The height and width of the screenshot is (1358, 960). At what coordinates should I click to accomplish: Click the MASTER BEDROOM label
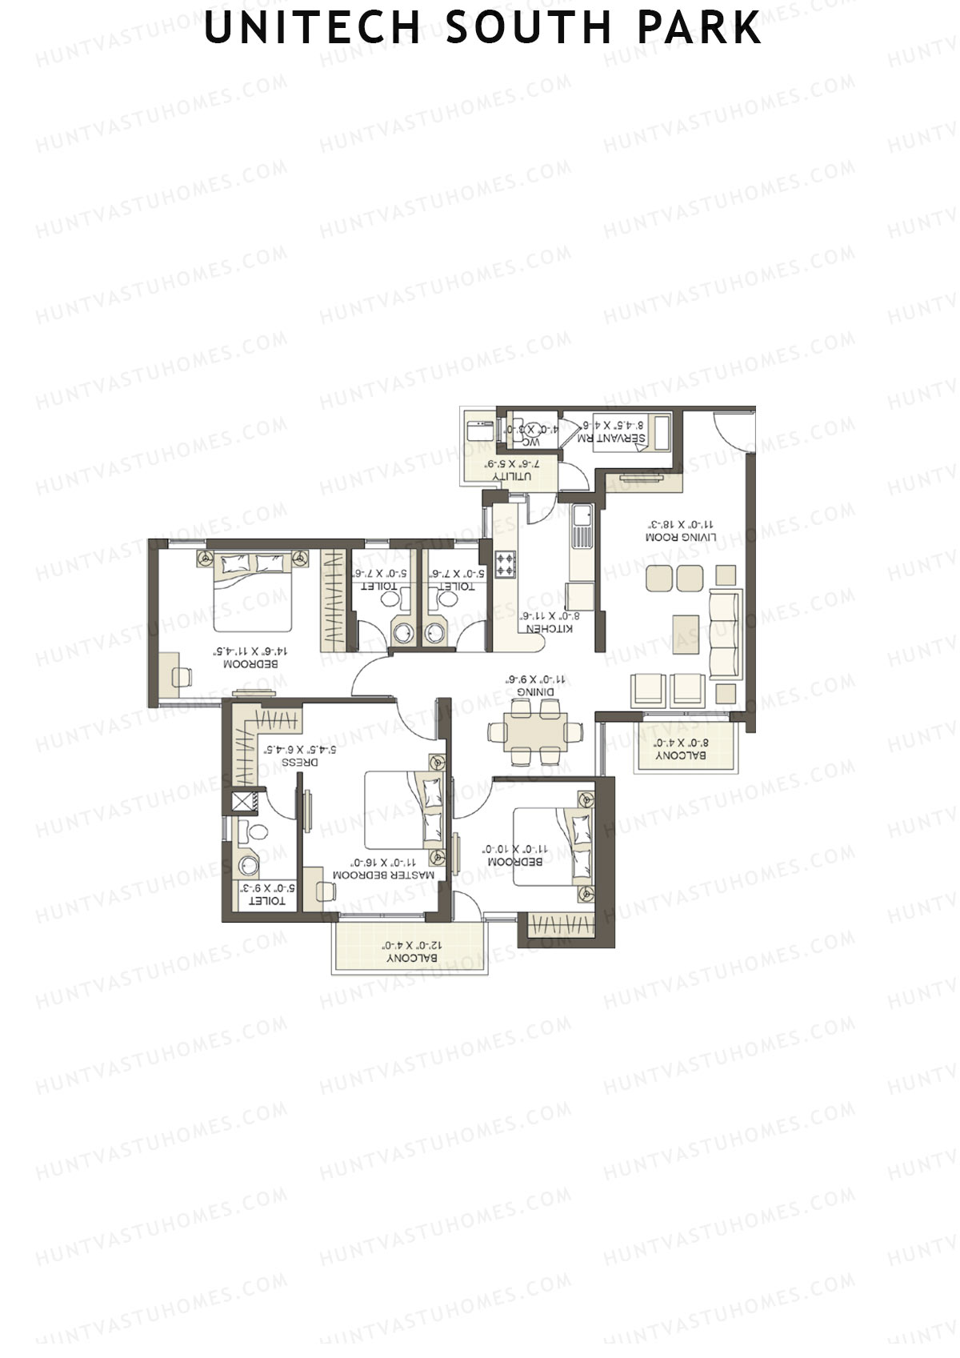[x=395, y=875]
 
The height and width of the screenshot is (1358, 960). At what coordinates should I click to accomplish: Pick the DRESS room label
[x=300, y=762]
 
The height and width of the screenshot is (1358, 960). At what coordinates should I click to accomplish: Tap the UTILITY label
[x=512, y=476]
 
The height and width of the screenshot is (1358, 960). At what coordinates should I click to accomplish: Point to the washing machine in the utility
[x=479, y=430]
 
